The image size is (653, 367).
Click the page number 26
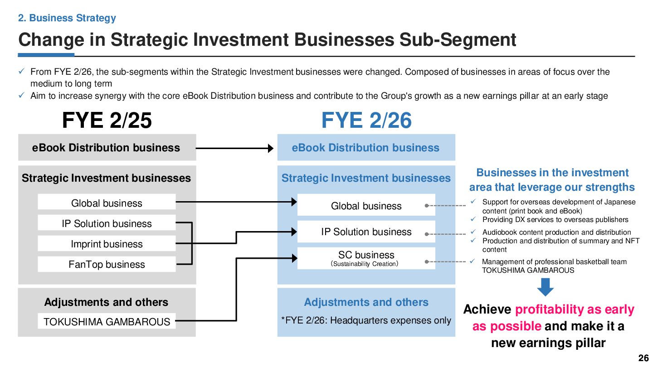click(x=643, y=358)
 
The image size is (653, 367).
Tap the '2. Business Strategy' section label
click(x=67, y=18)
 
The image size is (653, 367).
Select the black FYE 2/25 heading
click(x=107, y=121)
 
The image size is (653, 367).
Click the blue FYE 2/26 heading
click(x=366, y=121)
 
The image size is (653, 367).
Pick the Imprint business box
click(x=107, y=244)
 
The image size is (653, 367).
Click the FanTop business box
click(x=107, y=264)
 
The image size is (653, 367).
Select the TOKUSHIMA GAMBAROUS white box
click(x=107, y=322)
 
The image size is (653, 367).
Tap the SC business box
click(x=366, y=258)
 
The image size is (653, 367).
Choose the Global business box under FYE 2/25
click(x=107, y=203)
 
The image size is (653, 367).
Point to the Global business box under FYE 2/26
click(x=366, y=206)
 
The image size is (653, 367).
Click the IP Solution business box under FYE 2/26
click(x=366, y=232)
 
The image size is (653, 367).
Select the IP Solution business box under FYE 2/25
click(x=107, y=223)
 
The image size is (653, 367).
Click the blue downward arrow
click(x=546, y=287)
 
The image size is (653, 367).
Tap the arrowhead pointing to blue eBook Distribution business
click(x=271, y=148)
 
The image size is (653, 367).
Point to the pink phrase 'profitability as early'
click(x=575, y=309)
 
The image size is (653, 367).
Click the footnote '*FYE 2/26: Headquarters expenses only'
click(x=366, y=320)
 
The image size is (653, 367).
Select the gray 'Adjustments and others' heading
click(x=106, y=302)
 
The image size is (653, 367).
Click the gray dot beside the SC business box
click(x=427, y=262)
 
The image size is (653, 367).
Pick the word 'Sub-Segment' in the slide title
click(x=458, y=40)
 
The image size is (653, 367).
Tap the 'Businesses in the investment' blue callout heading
click(x=552, y=173)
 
